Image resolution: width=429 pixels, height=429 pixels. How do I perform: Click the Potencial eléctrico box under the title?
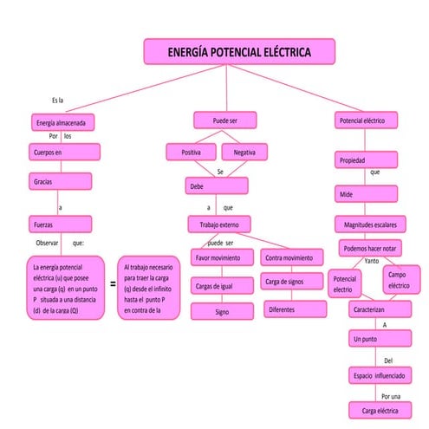tap(367, 120)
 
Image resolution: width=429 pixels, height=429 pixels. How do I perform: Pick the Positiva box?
tap(192, 153)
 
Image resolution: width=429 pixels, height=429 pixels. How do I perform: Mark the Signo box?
tap(222, 312)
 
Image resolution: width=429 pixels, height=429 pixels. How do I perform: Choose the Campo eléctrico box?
tap(399, 280)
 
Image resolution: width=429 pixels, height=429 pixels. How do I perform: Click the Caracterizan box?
tap(375, 309)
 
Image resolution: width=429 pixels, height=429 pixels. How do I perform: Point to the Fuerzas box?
tap(60, 223)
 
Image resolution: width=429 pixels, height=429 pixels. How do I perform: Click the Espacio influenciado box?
tap(380, 376)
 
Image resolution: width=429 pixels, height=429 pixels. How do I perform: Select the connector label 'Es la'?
tap(57, 101)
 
